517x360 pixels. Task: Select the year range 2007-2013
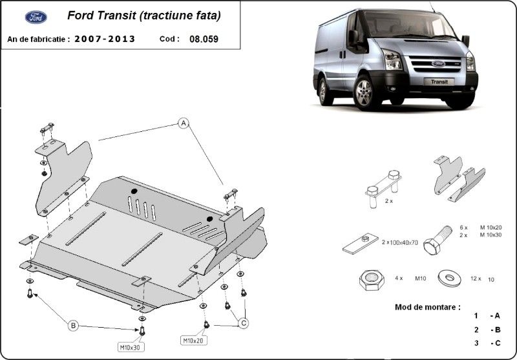tap(105, 39)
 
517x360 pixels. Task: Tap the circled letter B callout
tap(74, 326)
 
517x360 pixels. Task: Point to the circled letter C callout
tap(244, 321)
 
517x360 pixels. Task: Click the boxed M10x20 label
tap(193, 339)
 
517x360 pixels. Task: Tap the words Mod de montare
tap(428, 306)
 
